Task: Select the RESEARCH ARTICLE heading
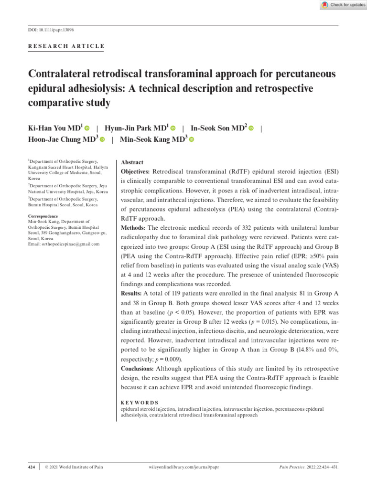[66, 46]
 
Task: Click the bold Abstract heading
[132, 162]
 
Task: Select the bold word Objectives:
[136, 171]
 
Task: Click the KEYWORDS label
[140, 403]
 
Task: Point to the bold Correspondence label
[43, 216]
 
